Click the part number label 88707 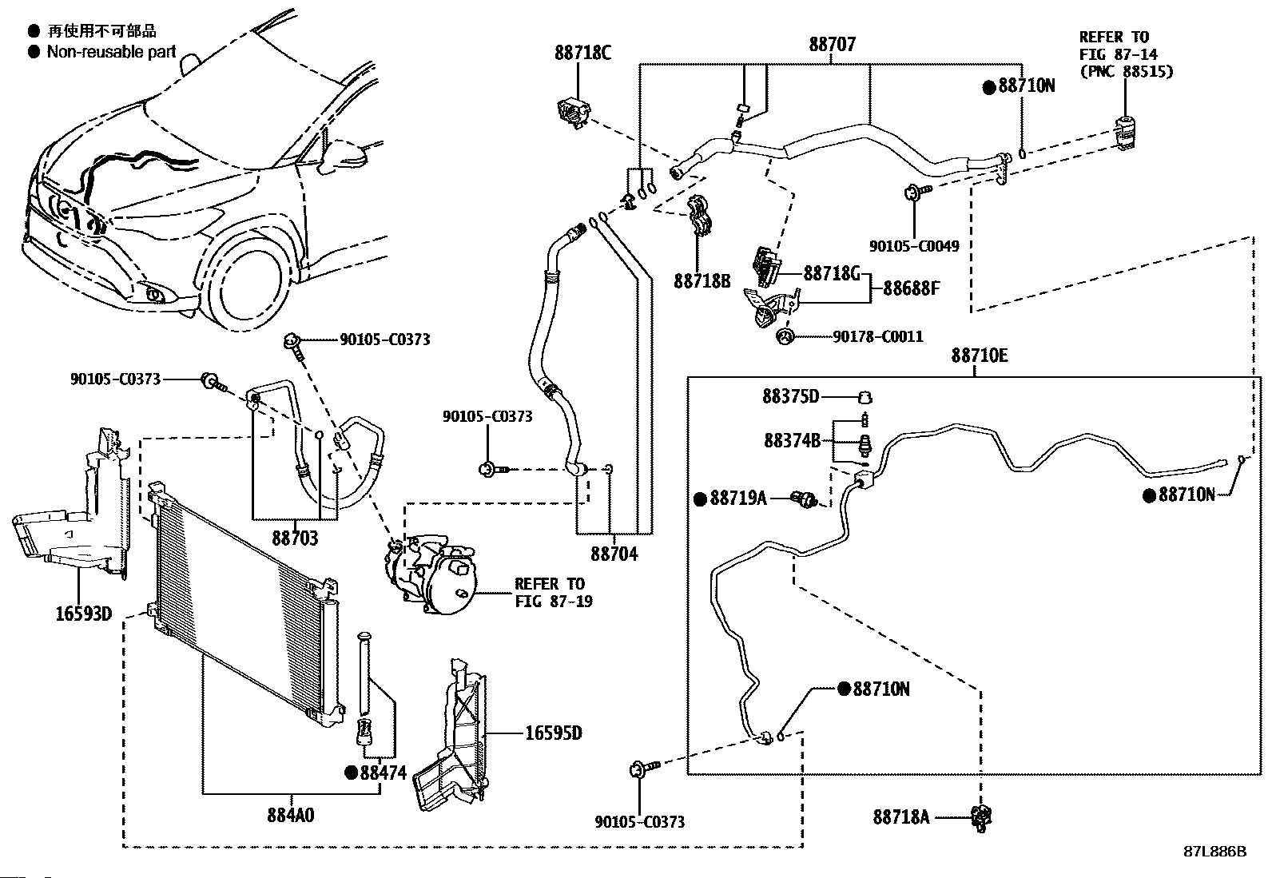pos(832,44)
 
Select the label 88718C pos(582,53)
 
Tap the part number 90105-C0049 pos(914,247)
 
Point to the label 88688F pos(911,288)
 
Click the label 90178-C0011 pos(877,337)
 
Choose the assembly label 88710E pos(979,356)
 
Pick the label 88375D pos(790,396)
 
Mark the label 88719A pos(737,499)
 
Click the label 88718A pos(900,816)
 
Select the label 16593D pos(83,614)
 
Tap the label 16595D pos(553,733)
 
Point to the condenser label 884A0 pos(291,815)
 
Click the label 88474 pos(383,773)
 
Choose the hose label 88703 pos(295,538)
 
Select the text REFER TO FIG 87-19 pos(553,592)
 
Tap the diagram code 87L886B pos(1214,851)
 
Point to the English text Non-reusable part pos(111,52)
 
